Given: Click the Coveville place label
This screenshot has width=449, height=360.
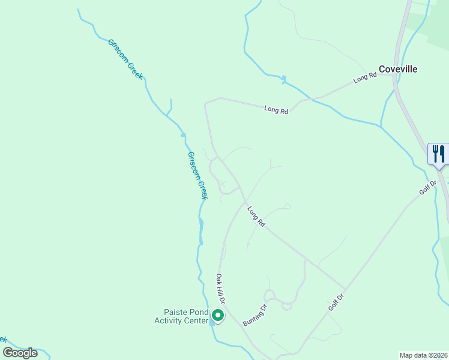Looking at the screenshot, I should [397, 69].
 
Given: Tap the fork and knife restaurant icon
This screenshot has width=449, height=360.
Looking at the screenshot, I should [438, 153].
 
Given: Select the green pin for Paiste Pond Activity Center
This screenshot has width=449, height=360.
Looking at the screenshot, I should [217, 315].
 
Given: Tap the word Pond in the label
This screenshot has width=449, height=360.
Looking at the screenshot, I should [200, 312].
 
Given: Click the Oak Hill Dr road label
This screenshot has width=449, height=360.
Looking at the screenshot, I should [221, 288].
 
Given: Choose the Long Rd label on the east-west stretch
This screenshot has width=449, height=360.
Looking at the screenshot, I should [276, 110].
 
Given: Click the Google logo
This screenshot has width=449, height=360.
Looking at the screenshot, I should [20, 352].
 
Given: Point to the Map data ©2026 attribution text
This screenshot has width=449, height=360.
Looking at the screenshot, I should [423, 355].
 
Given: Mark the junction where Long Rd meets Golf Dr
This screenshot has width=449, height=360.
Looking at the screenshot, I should [346, 289].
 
